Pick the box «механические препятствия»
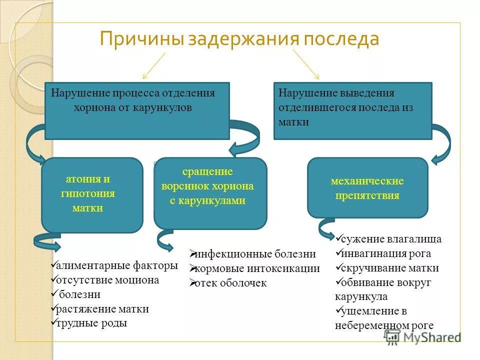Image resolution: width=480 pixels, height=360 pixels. click(367, 188)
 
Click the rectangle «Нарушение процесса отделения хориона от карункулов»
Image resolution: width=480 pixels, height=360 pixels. click(137, 110)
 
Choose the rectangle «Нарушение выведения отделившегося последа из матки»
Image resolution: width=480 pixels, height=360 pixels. click(352, 110)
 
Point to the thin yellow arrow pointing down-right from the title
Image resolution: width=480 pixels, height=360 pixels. click(306, 64)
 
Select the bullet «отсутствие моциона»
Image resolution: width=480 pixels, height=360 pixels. click(107, 280)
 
